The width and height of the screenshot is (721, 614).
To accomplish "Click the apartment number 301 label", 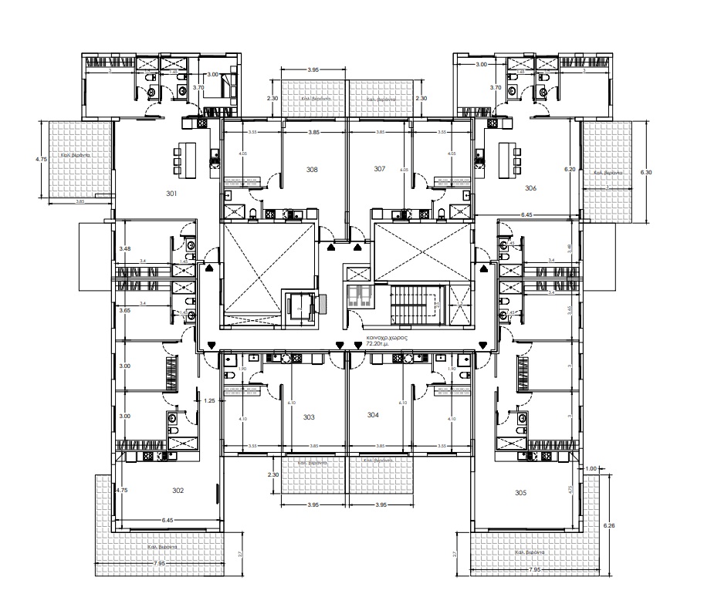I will pyautogui.click(x=171, y=194).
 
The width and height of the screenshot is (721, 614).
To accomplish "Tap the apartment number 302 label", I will pyautogui.click(x=177, y=490).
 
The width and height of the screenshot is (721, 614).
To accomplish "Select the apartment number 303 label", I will pyautogui.click(x=309, y=417).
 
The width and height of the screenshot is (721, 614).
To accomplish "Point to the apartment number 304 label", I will pyautogui.click(x=373, y=415).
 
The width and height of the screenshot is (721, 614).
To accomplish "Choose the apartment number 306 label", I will pyautogui.click(x=530, y=188).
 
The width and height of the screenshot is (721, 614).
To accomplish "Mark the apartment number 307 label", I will pyautogui.click(x=379, y=169).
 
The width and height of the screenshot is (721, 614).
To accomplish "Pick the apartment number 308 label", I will pyautogui.click(x=312, y=169).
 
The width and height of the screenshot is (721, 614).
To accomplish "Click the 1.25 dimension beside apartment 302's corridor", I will pyautogui.click(x=208, y=401).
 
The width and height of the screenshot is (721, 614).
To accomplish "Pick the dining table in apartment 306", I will pyautogui.click(x=507, y=158).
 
